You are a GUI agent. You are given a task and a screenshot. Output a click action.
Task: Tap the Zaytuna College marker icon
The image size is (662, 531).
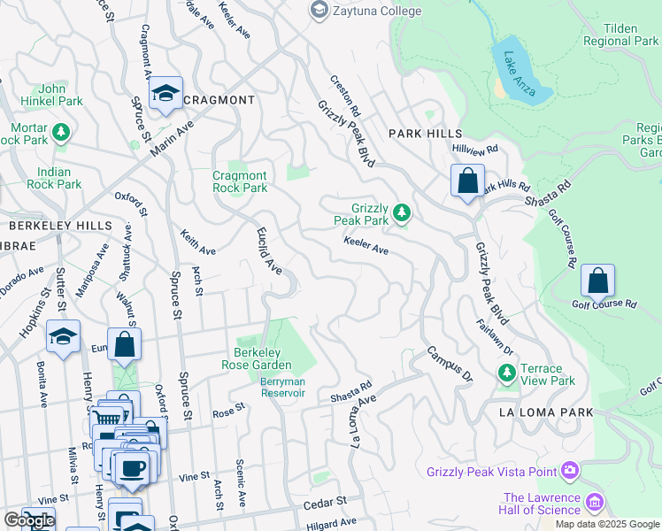(318, 11)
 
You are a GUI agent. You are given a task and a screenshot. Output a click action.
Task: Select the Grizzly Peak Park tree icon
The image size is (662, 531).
(402, 212)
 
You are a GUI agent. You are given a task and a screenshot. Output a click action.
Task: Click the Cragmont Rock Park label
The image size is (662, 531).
(240, 181)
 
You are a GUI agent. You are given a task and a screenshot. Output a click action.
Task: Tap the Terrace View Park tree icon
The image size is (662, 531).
(507, 373)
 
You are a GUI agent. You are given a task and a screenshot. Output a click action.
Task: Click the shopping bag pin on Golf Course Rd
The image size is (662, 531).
(598, 281)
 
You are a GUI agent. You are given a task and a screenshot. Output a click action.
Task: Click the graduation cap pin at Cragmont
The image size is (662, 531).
(165, 95)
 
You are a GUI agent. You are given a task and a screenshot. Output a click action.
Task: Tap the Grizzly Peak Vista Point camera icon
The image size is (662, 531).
(571, 470)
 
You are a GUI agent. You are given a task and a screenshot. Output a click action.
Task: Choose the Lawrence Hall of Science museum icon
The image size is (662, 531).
(595, 504)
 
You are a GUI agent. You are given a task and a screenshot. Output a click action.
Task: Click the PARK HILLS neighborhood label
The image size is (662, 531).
(421, 133)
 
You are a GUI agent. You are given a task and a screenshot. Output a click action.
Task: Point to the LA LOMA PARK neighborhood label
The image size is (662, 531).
(533, 412)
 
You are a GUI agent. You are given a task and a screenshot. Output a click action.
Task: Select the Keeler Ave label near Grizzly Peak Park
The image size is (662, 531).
(366, 246)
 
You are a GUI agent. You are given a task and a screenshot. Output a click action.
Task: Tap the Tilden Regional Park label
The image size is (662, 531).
(632, 35)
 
